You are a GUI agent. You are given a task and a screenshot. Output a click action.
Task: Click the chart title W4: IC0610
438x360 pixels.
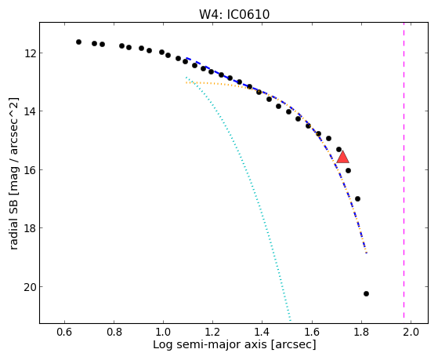(x=234, y=14)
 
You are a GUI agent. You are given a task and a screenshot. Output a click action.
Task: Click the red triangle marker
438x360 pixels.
(x=342, y=157)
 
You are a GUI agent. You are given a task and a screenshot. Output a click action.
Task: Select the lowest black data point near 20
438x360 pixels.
(x=366, y=293)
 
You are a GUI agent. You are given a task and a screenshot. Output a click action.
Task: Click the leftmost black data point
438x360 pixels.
(x=79, y=42)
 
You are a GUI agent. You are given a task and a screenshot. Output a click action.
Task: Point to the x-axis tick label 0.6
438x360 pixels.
(x=64, y=332)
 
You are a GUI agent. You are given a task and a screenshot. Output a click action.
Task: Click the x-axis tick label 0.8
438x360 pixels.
(x=114, y=332)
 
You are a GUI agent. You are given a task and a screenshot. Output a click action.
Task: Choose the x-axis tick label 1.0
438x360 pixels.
(x=164, y=332)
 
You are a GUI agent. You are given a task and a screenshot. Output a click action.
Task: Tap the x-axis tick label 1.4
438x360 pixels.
(x=262, y=332)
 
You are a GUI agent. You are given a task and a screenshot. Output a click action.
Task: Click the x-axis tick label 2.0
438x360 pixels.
(x=411, y=332)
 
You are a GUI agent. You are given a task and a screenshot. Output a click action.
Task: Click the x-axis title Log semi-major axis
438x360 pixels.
(x=210, y=344)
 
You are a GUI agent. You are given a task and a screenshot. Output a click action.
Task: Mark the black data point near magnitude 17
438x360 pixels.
(x=357, y=199)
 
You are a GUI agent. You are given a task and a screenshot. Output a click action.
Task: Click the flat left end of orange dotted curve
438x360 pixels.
(x=186, y=83)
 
